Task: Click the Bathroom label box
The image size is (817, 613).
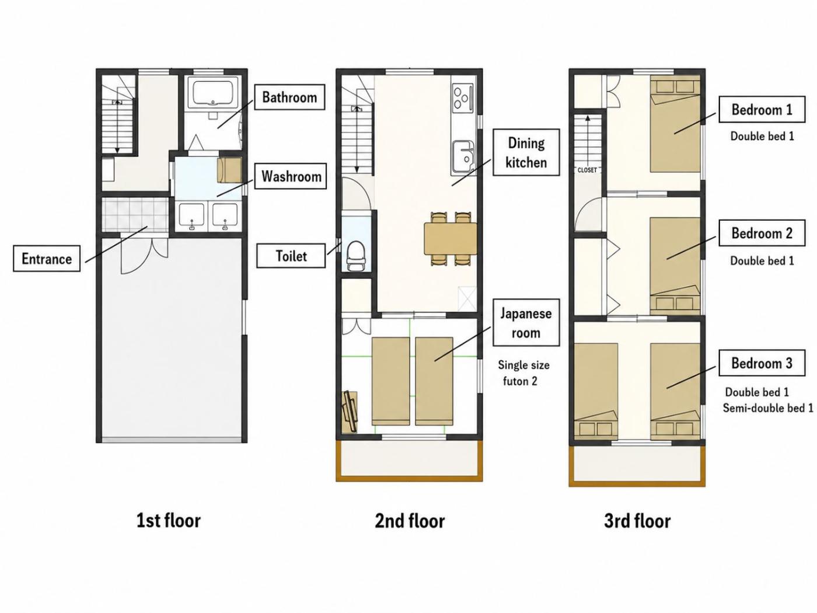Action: (289, 97)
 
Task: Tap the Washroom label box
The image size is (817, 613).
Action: (291, 176)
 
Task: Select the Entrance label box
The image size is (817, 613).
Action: (47, 258)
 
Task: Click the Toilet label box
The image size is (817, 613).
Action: (291, 256)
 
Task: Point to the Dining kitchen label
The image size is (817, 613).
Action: (526, 152)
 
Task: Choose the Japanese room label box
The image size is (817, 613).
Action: (526, 323)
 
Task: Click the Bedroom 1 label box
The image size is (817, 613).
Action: (762, 109)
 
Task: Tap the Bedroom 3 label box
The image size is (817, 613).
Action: (762, 363)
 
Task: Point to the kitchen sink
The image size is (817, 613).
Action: (463, 157)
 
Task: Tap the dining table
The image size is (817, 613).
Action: (451, 239)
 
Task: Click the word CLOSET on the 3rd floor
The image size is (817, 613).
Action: (587, 170)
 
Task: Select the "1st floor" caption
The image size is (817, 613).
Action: (169, 521)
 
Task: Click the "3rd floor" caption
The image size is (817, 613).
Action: (637, 521)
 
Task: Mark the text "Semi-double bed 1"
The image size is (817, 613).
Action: (768, 408)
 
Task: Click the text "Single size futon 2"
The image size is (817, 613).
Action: (523, 373)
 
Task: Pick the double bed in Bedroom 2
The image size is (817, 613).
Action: (675, 266)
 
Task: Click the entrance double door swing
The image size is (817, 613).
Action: (145, 256)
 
